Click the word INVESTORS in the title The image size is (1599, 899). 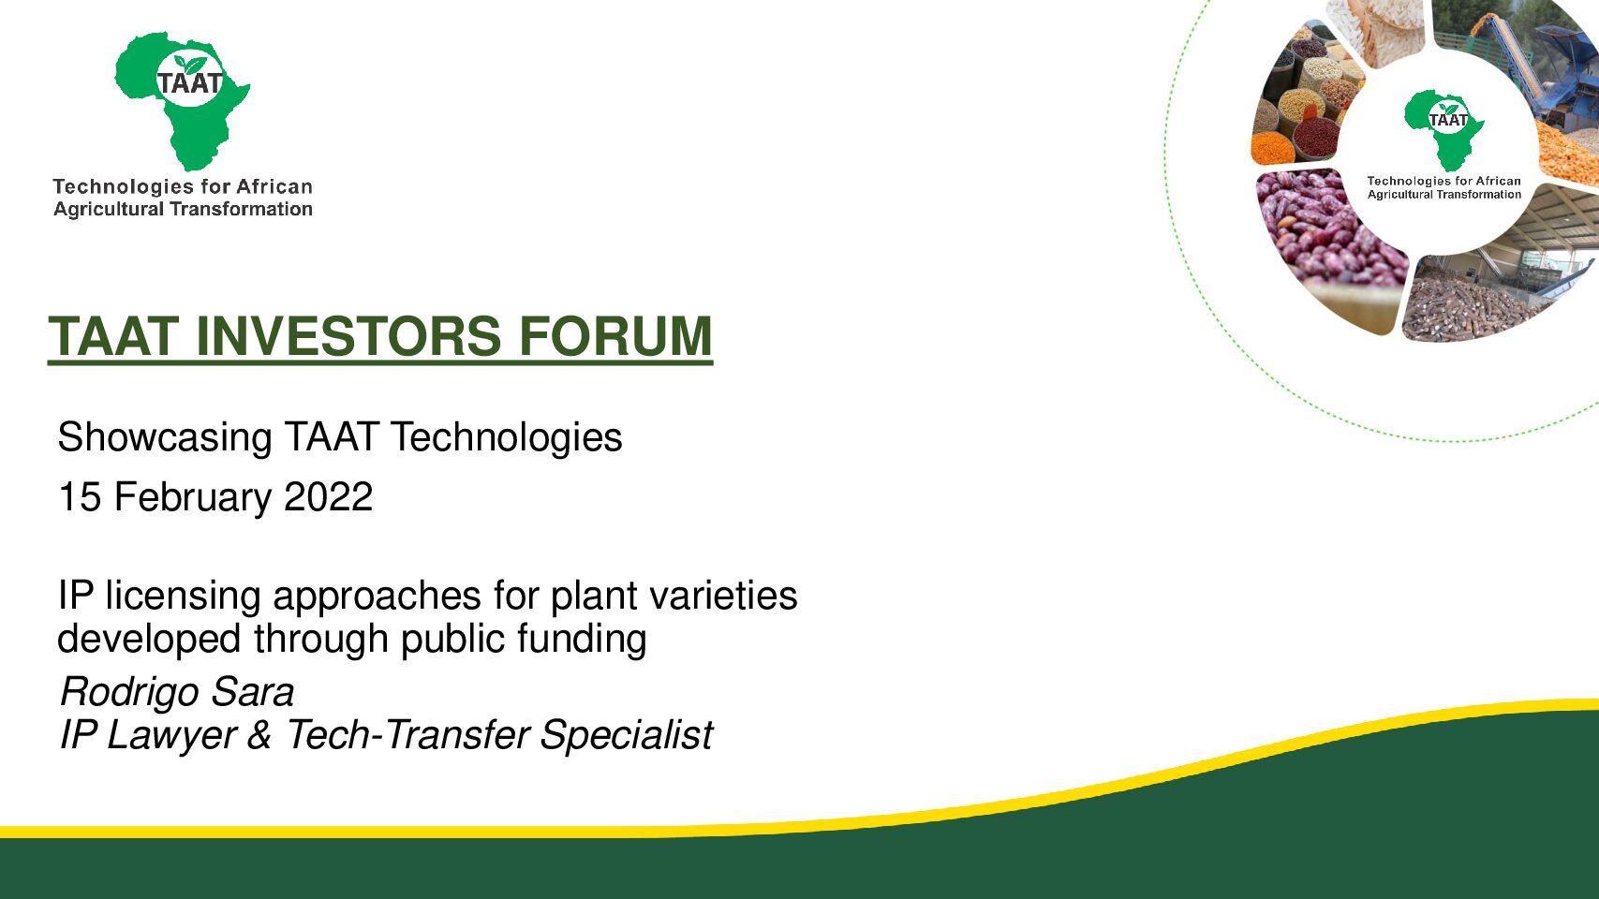tap(348, 336)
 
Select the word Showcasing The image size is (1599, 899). tap(165, 438)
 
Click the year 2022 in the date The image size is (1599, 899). tap(329, 496)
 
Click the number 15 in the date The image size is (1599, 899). tap(80, 496)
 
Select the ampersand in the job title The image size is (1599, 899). tap(259, 736)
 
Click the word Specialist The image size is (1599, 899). tap(626, 736)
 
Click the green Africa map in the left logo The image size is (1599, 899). tap(182, 100)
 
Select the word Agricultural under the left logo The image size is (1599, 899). tap(109, 210)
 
